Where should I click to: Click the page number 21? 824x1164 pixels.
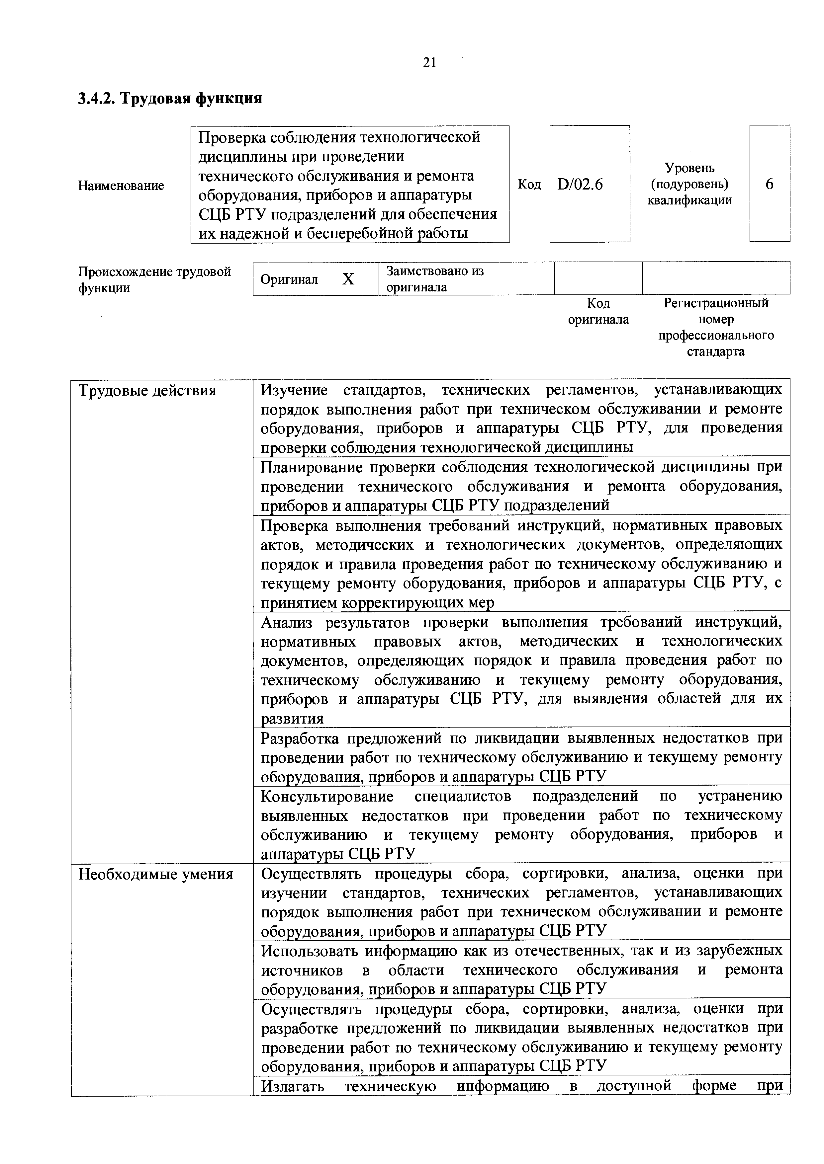429,62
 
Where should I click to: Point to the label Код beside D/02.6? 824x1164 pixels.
529,185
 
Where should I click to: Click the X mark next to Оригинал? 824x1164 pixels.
348,279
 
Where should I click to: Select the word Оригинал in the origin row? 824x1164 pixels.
289,279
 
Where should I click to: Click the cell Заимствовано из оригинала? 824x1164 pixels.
435,279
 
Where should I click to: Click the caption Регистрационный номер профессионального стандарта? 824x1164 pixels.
716,327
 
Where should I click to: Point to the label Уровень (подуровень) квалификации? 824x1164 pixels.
689,184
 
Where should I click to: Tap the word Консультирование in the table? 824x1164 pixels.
327,797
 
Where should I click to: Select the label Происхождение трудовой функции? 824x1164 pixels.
154,280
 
